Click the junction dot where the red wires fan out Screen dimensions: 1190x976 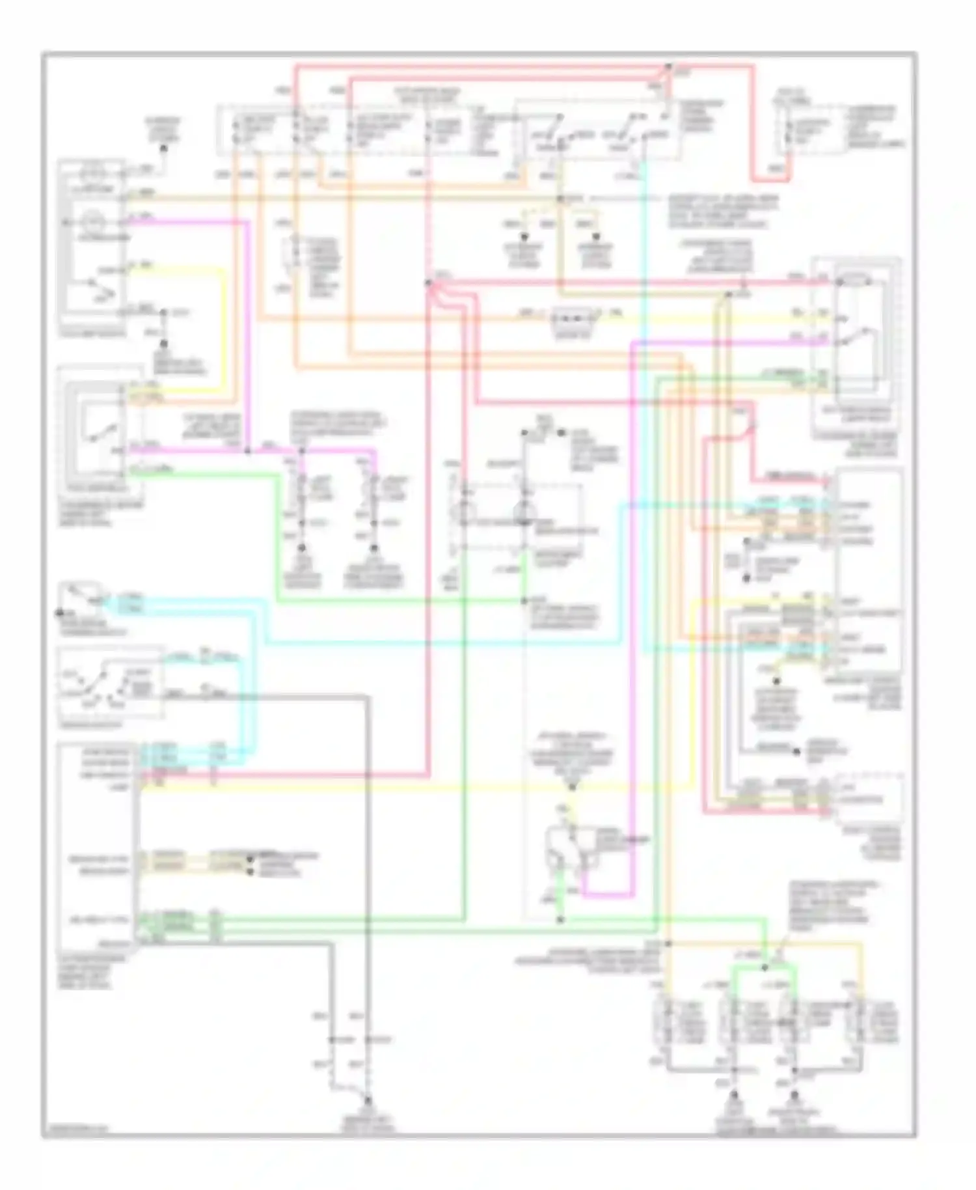coord(429,283)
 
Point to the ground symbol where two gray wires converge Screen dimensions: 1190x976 coord(368,1099)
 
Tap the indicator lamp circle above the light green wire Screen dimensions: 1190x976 coord(524,512)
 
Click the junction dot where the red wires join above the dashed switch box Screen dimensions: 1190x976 coord(668,67)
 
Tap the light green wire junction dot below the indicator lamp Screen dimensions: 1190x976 coord(524,600)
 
